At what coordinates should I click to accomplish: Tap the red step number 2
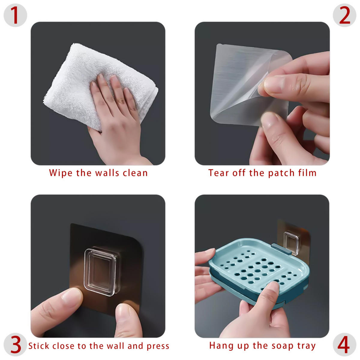point(344,15)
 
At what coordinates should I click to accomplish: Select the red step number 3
point(16,344)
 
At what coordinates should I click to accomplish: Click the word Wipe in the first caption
point(61,173)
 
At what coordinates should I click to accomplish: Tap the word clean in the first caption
point(135,173)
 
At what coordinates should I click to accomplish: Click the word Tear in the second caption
point(218,173)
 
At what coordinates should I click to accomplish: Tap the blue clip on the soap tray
point(282,249)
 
